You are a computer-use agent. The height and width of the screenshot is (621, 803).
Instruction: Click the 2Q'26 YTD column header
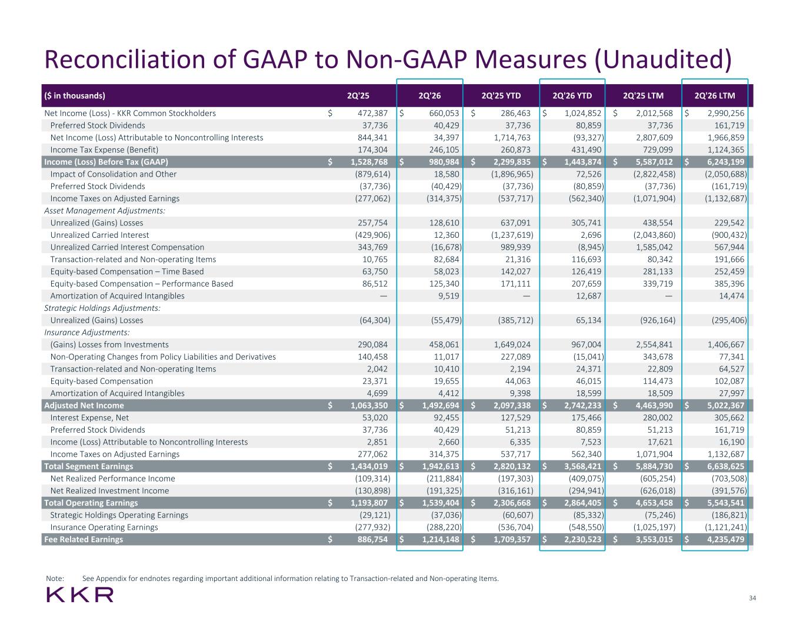572,96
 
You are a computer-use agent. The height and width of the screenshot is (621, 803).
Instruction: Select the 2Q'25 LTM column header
643,96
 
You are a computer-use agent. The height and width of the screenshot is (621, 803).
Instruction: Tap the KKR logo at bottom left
80,595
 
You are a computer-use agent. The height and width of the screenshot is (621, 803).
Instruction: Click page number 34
752,598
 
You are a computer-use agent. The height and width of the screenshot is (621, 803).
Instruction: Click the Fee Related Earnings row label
84,539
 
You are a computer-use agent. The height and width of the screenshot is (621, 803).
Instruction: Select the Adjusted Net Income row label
84,406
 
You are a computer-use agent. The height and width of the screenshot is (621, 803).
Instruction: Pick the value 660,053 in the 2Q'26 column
444,113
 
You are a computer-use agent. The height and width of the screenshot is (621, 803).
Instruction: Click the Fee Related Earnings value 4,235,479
726,539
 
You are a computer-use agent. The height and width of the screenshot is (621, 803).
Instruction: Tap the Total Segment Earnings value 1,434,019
369,467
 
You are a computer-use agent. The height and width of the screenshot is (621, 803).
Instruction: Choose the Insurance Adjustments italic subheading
87,333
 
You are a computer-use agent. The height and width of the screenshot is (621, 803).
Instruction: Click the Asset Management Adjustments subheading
105,211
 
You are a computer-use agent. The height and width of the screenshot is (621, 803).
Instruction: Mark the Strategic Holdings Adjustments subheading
102,308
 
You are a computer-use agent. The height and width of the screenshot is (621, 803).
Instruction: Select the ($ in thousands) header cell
75,96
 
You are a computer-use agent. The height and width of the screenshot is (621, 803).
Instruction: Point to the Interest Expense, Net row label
89,418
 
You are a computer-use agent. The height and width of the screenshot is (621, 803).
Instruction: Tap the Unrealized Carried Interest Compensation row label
127,247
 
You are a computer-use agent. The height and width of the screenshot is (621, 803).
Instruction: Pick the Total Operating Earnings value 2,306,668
512,503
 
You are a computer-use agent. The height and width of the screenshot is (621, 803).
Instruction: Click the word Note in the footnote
55,579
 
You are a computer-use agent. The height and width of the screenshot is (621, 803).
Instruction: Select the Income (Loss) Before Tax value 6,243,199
726,162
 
